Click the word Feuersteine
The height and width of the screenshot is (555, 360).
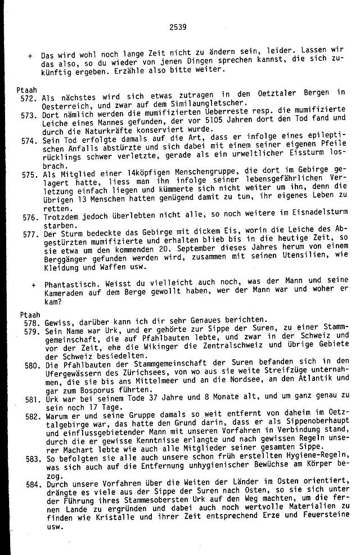point(323,514)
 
